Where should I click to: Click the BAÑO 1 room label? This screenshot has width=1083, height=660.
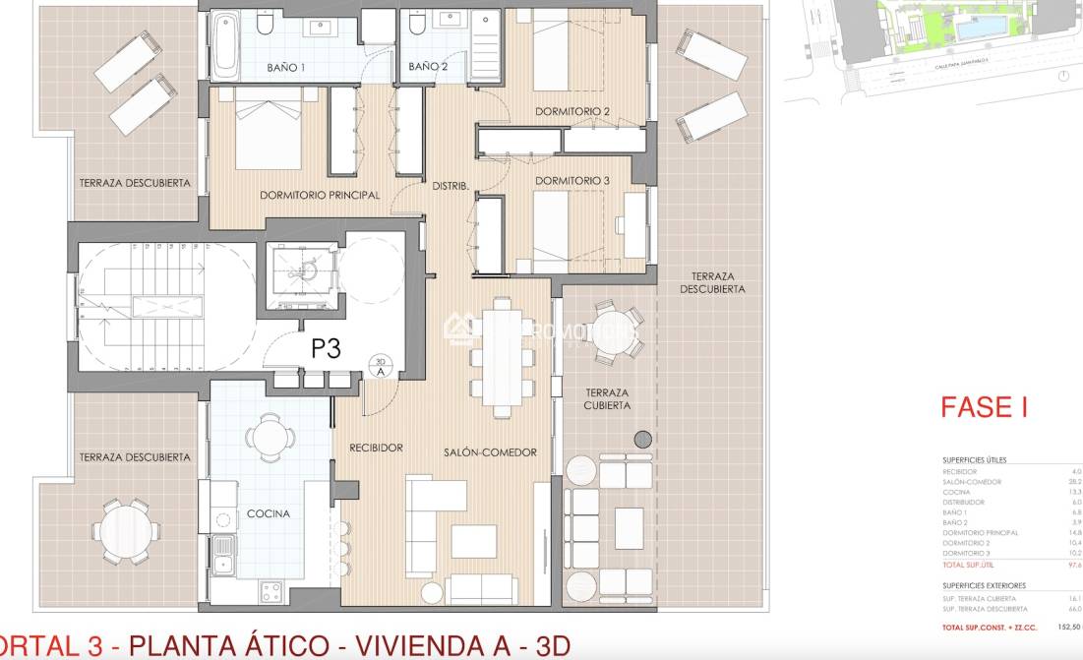[287, 68]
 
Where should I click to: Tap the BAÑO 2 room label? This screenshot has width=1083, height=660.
[427, 68]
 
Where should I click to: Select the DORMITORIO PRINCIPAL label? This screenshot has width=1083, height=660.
[320, 195]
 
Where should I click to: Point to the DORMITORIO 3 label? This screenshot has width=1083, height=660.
[572, 181]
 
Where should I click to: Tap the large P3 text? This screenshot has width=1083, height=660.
[327, 348]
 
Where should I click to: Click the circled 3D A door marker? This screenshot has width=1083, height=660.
[380, 365]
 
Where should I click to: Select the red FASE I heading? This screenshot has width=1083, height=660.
[984, 407]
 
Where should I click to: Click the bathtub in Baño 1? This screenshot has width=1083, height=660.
[225, 45]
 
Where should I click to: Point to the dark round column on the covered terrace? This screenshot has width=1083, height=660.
[643, 439]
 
